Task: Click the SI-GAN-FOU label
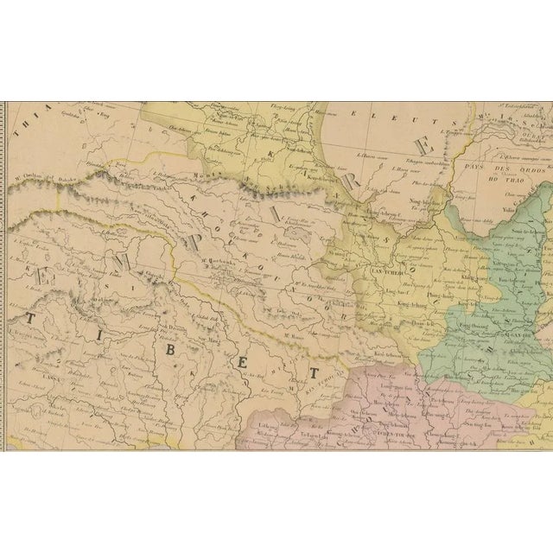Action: [510, 340]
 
